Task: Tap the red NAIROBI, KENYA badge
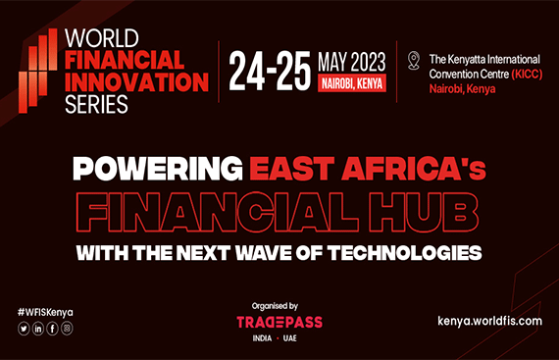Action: pyautogui.click(x=352, y=83)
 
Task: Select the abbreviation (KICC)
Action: pyautogui.click(x=513, y=72)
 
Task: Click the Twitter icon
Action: pyautogui.click(x=24, y=328)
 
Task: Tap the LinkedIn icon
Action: pyautogui.click(x=38, y=328)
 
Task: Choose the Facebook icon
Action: pyautogui.click(x=53, y=328)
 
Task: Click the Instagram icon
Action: pyautogui.click(x=67, y=328)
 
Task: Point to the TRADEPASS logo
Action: pyautogui.click(x=279, y=321)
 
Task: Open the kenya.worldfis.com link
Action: pyautogui.click(x=489, y=320)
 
